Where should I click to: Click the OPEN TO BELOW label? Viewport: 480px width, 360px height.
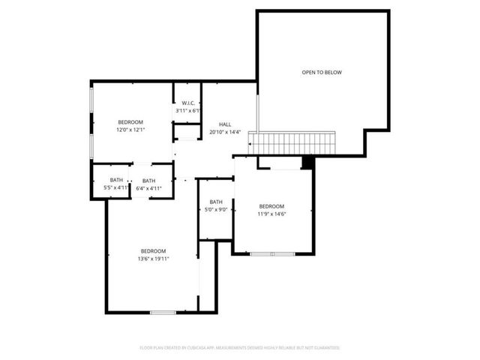coord(322,73)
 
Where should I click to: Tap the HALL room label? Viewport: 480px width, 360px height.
coord(225,124)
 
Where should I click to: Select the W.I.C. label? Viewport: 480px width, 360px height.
coord(187,103)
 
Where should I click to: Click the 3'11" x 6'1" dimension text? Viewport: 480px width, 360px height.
coord(187,111)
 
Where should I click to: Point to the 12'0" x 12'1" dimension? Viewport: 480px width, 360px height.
coord(130,130)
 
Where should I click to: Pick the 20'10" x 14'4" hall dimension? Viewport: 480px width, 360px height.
coord(225,133)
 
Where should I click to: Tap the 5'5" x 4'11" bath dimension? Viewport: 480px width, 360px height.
coord(116,187)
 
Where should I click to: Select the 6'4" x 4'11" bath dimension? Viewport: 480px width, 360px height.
coord(149,188)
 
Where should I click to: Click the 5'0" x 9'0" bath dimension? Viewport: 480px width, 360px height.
coord(216,210)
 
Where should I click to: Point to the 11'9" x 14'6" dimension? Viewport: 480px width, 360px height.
coord(271,214)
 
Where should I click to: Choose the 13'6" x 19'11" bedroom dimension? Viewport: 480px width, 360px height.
coord(153,259)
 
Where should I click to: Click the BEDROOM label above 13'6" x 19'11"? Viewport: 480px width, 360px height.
coord(153,250)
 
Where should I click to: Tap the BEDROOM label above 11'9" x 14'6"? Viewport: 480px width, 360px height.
coord(271,206)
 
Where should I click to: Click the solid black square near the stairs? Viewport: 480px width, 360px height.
coord(306,162)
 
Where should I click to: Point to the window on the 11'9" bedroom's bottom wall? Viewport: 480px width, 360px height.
coord(272,254)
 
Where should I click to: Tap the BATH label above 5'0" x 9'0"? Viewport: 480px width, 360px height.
coord(216,202)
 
